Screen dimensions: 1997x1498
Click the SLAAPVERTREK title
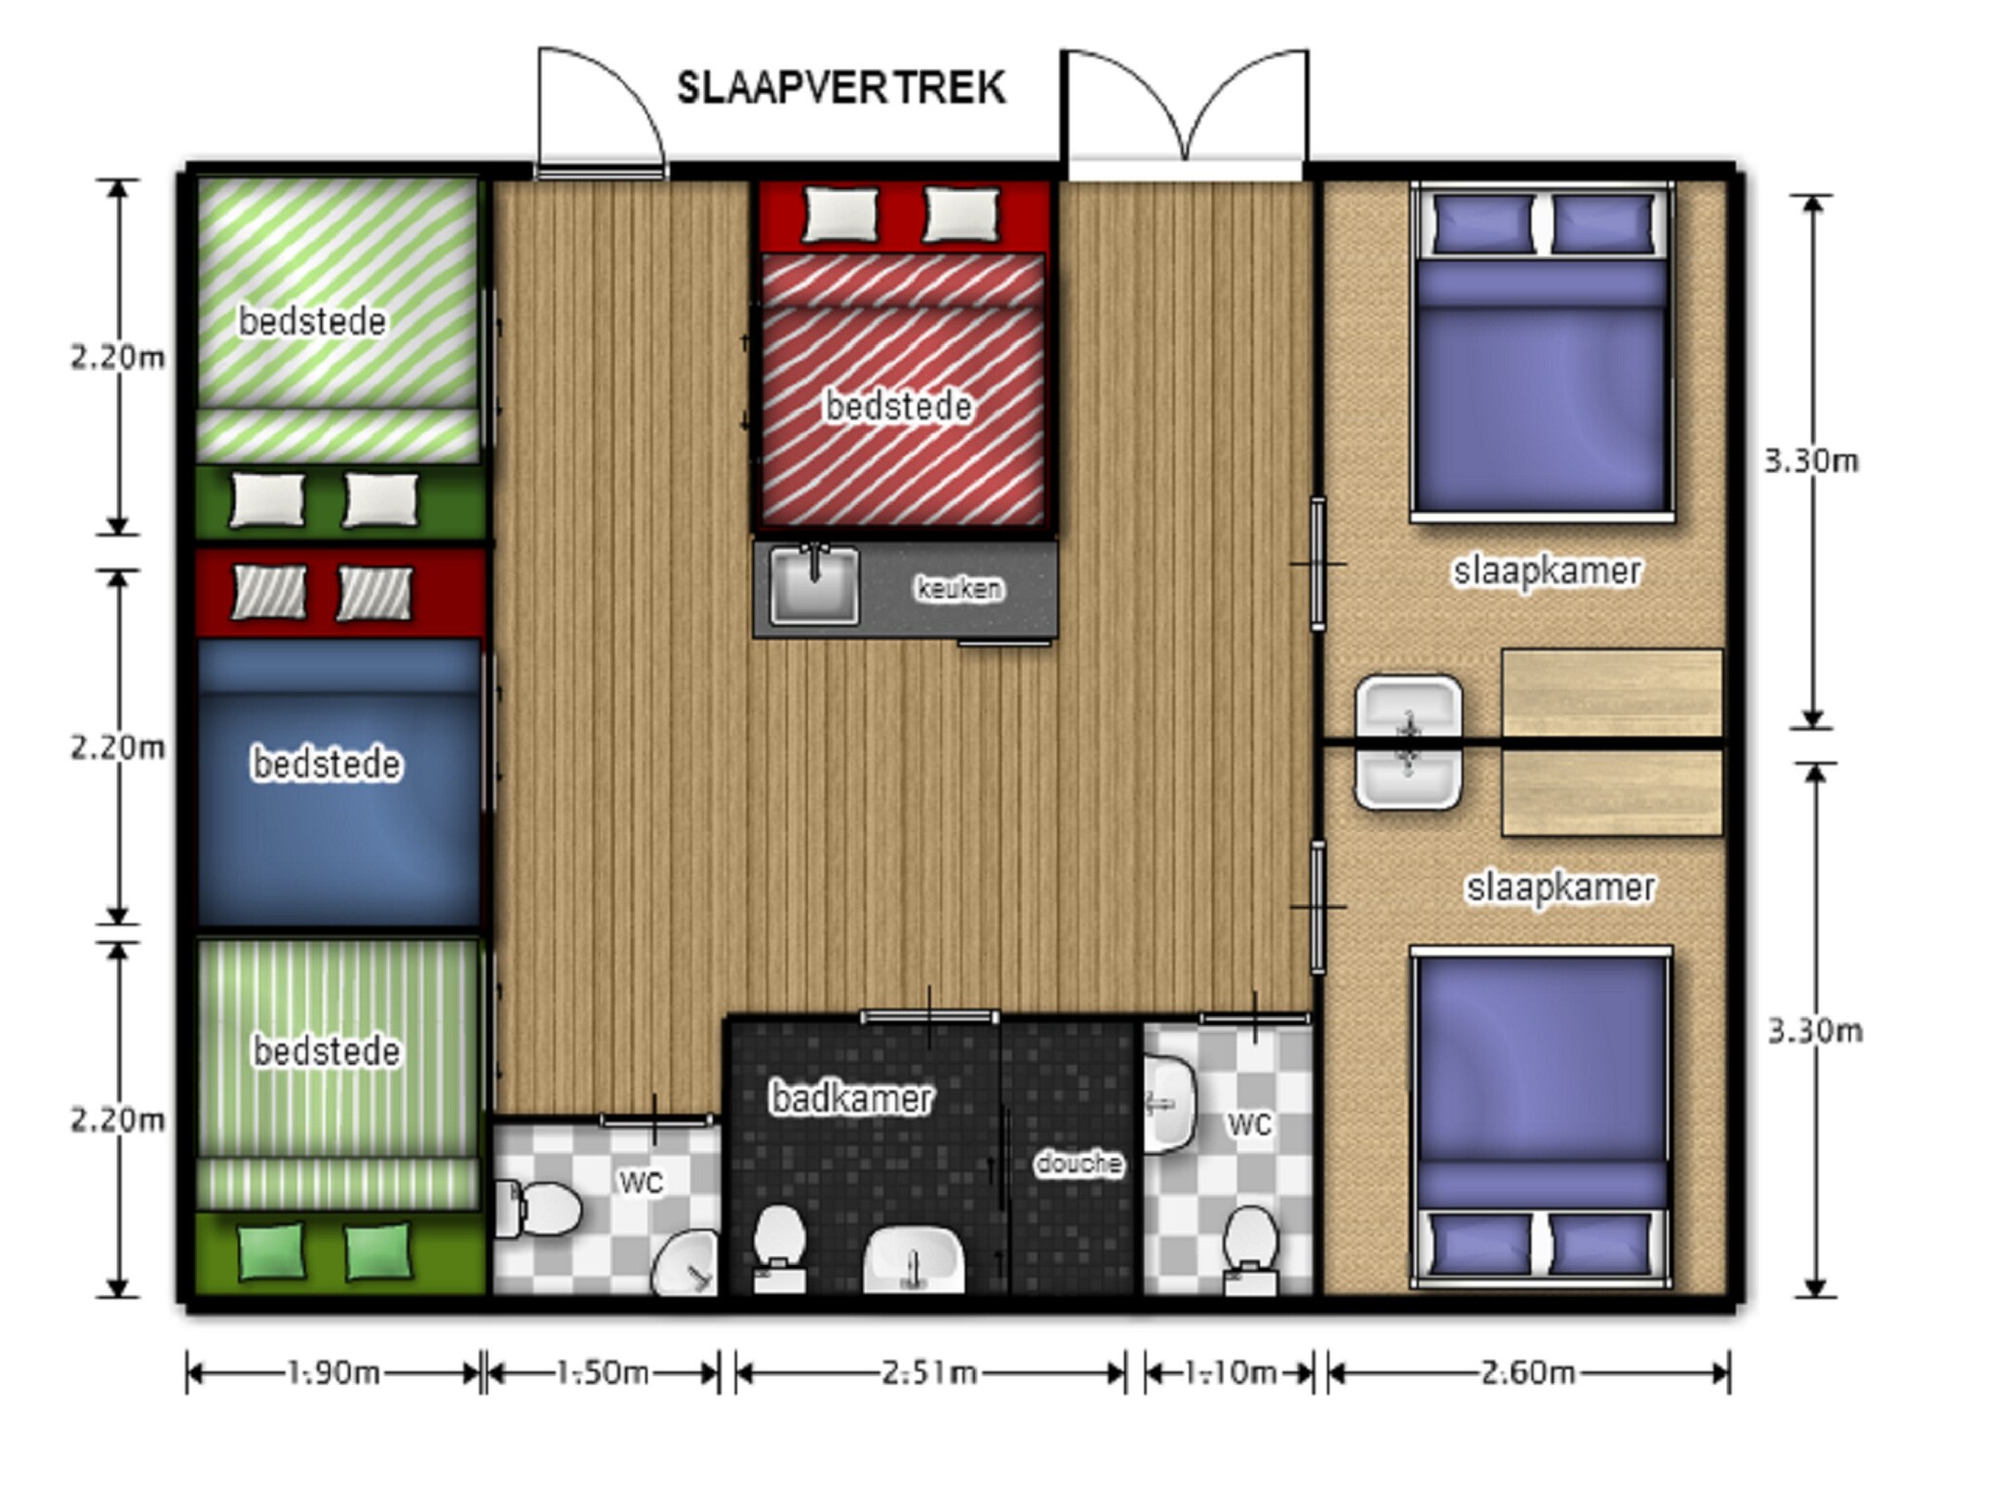click(x=841, y=88)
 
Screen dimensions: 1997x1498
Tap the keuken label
click(x=959, y=588)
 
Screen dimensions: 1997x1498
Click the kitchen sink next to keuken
click(x=814, y=584)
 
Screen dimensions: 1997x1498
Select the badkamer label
click(x=851, y=1098)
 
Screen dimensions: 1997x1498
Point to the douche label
click(x=1078, y=1163)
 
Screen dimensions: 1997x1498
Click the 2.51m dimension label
click(x=929, y=1373)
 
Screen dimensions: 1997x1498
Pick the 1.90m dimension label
click(x=333, y=1373)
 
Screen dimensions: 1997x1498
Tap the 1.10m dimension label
click(x=1230, y=1373)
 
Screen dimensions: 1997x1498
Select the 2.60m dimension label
click(x=1528, y=1373)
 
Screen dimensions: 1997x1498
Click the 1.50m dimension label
click(x=602, y=1373)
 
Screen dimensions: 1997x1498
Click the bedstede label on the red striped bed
click(x=898, y=407)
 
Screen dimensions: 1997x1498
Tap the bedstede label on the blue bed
click(x=327, y=764)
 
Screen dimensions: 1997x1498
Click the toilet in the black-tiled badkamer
click(x=779, y=1249)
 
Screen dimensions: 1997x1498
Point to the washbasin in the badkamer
click(x=914, y=1259)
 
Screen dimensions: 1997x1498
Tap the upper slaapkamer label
click(x=1547, y=571)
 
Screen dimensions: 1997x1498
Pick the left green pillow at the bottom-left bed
click(x=270, y=1251)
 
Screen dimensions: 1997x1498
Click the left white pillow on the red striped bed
click(x=840, y=214)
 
